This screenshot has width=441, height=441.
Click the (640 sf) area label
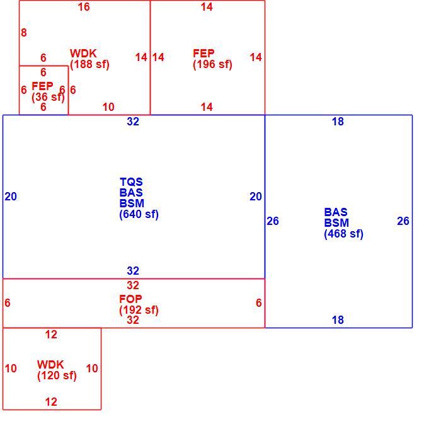tap(139, 214)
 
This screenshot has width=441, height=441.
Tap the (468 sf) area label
tap(344, 234)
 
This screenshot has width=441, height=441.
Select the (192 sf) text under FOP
tap(139, 310)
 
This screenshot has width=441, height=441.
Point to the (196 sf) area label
tap(213, 64)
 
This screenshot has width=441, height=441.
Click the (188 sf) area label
tap(89, 64)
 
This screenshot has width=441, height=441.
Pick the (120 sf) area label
tap(57, 375)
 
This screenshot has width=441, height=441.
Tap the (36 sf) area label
tap(48, 97)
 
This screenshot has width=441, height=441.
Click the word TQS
tap(131, 182)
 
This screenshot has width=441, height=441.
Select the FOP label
tap(130, 299)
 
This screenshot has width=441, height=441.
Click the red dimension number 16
tap(84, 7)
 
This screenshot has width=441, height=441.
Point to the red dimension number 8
tap(24, 33)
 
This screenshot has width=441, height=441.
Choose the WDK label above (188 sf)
tap(83, 54)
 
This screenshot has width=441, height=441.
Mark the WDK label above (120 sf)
tap(50, 365)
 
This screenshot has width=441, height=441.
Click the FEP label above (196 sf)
tap(203, 54)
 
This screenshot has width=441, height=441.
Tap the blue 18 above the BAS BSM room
tap(338, 122)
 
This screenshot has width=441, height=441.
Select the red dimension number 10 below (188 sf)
tap(108, 107)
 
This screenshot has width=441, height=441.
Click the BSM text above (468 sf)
tap(336, 223)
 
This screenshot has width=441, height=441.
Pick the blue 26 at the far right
tap(403, 221)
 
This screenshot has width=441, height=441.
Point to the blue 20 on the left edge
tap(11, 197)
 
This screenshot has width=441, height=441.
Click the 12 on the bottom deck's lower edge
tap(51, 402)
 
